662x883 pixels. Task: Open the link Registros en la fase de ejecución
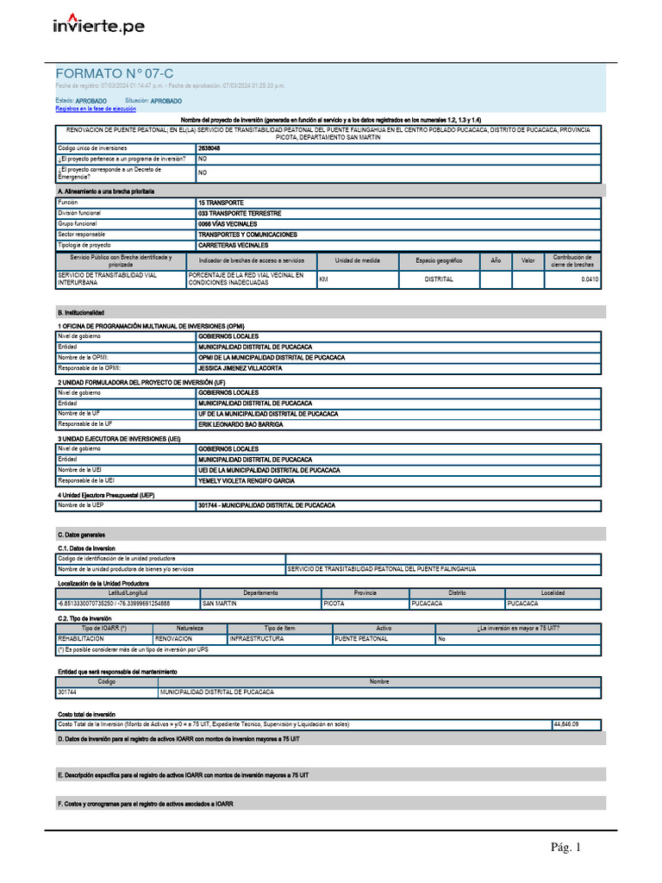click(x=96, y=110)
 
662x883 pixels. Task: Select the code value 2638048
click(x=209, y=148)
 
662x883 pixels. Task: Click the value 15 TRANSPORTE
click(x=222, y=203)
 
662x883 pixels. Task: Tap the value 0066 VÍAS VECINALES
click(x=228, y=224)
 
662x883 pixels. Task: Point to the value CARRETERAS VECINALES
click(x=234, y=245)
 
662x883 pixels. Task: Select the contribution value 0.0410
click(x=589, y=279)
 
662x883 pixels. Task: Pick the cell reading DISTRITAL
click(x=439, y=279)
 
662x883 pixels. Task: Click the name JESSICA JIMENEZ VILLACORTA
click(x=240, y=368)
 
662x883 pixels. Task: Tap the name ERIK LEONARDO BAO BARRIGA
click(x=240, y=424)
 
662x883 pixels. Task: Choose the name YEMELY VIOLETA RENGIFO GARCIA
click(x=246, y=480)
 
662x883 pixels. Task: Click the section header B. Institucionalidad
click(x=81, y=312)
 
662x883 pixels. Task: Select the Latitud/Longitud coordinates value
click(x=114, y=604)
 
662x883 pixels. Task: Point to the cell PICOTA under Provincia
click(x=334, y=604)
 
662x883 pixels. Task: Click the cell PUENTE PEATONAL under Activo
click(x=360, y=639)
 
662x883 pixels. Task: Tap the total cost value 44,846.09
click(x=565, y=724)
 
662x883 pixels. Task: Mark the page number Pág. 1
click(x=566, y=848)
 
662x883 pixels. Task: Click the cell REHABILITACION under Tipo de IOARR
click(x=81, y=639)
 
